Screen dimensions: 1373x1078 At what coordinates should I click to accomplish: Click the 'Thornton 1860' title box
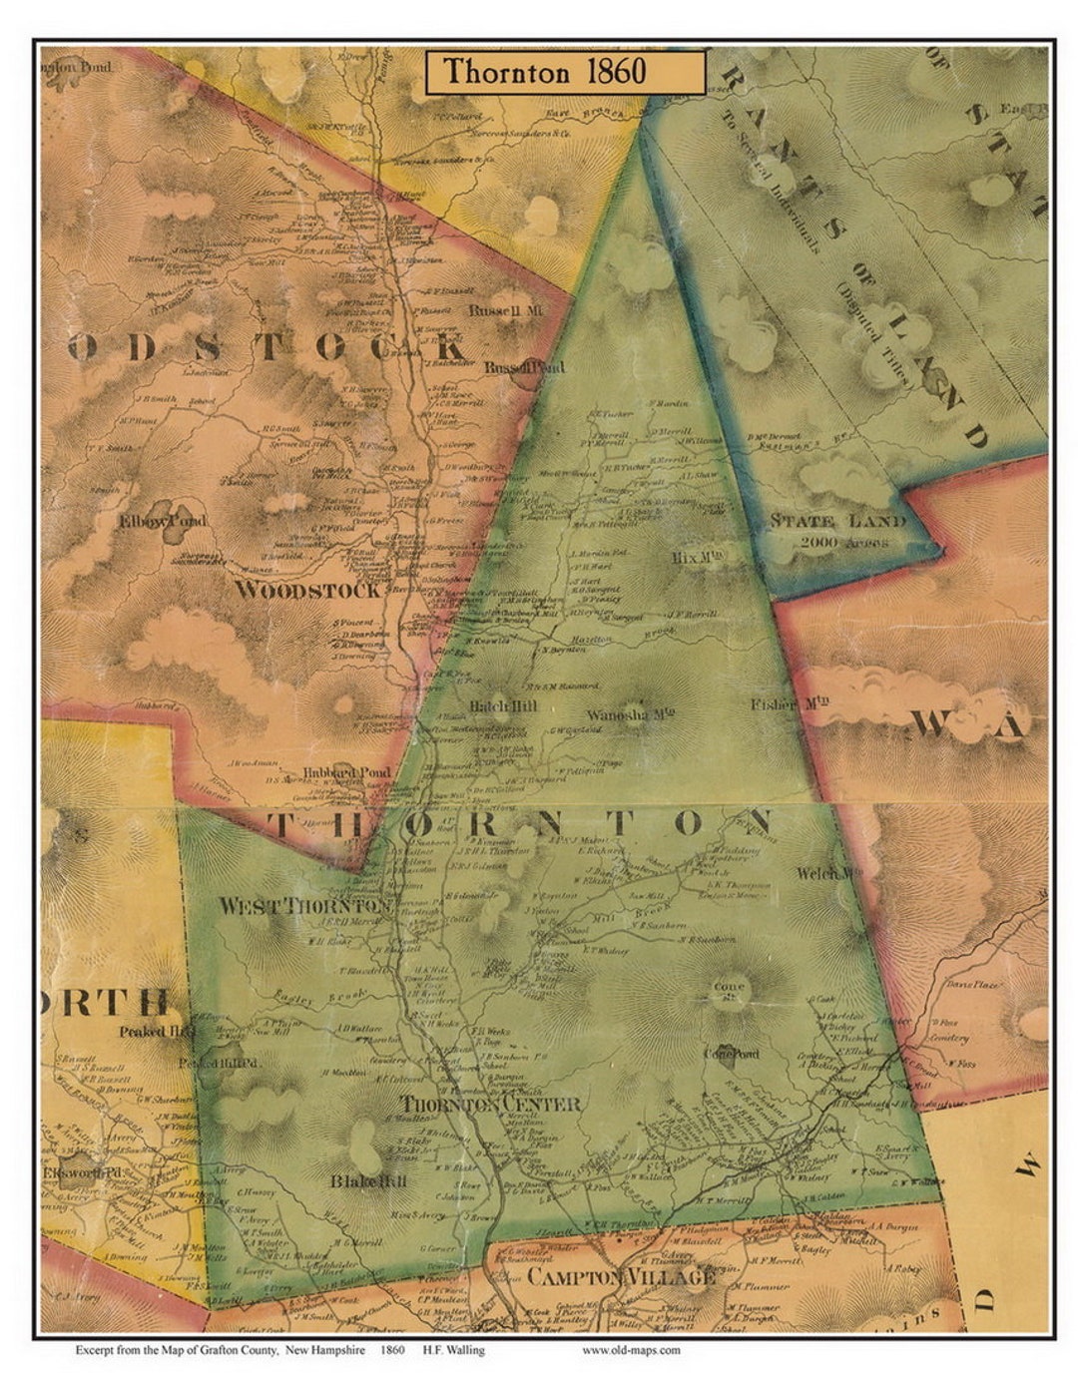565,72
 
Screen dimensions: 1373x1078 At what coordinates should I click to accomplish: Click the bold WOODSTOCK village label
307,590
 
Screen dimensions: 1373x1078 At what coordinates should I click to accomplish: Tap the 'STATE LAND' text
836,521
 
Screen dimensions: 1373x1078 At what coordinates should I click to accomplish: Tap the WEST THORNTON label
303,906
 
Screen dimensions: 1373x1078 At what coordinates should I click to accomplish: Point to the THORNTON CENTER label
490,1105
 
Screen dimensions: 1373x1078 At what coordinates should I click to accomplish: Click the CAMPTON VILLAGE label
620,1276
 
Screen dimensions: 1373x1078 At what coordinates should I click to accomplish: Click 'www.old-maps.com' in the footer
630,1350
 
